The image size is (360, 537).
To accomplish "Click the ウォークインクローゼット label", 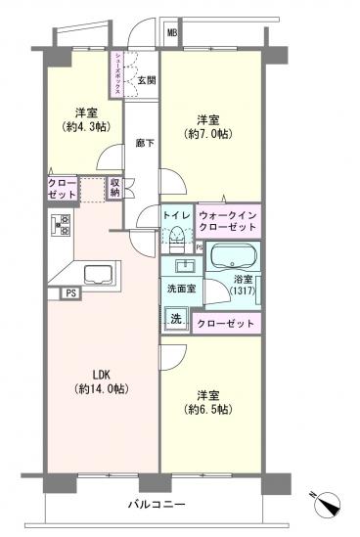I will tap(228, 220).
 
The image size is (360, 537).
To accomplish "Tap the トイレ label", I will tap(176, 214).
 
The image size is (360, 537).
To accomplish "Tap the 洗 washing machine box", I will tap(176, 317).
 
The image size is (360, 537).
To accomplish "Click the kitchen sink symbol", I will tap(97, 273).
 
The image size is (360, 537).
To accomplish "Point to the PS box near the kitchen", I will tap(70, 292).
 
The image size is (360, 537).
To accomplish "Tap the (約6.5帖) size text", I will tap(205, 409).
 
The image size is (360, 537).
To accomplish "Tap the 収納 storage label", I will tap(114, 187).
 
